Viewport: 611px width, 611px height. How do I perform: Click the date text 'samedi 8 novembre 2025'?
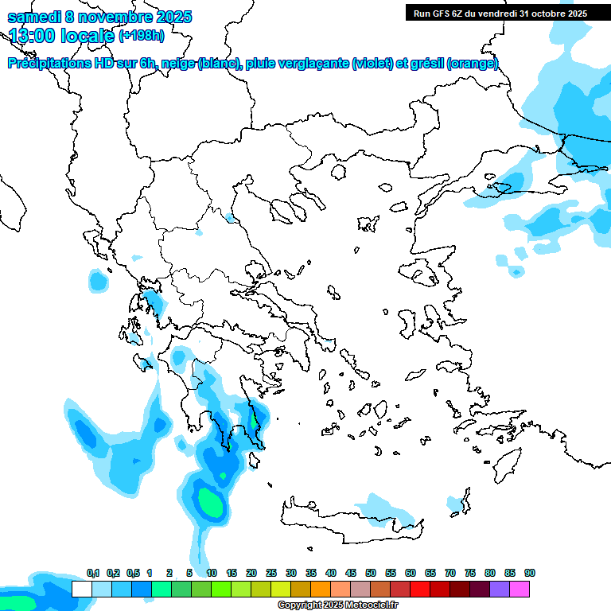click(99, 17)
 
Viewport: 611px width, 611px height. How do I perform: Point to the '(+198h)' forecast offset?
click(142, 36)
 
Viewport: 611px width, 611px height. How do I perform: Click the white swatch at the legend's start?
click(81, 590)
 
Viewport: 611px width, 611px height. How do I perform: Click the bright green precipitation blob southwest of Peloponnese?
click(211, 502)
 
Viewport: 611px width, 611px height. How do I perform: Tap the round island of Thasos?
click(338, 172)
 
